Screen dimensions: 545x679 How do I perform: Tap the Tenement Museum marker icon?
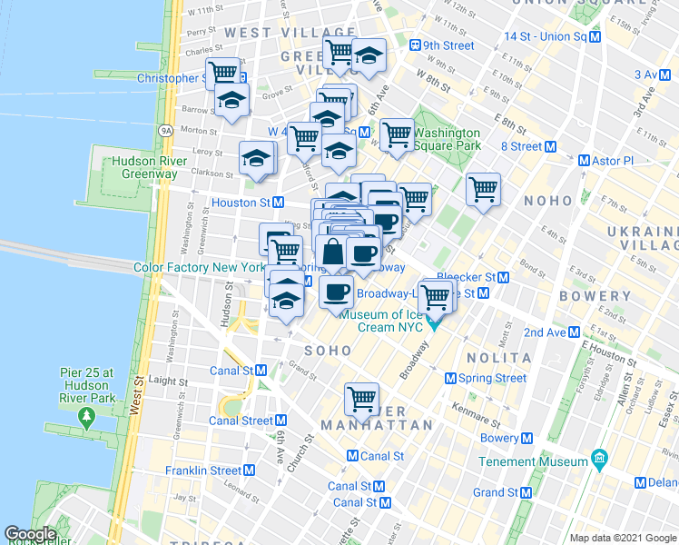tap(599, 461)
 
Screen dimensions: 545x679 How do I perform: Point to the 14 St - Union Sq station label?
tap(546, 36)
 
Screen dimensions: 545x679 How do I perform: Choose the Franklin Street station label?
tap(202, 471)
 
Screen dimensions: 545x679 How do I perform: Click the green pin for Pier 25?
tap(86, 418)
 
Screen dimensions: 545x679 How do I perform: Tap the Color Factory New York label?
tap(199, 268)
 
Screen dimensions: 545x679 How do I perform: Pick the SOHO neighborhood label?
tap(327, 350)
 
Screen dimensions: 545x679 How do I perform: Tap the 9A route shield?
tap(165, 131)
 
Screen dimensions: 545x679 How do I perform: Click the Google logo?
tap(30, 534)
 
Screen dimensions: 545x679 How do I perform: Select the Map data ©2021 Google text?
tap(623, 538)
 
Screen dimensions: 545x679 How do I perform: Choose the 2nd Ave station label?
tap(545, 332)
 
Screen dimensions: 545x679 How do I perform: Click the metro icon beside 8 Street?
tap(550, 146)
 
